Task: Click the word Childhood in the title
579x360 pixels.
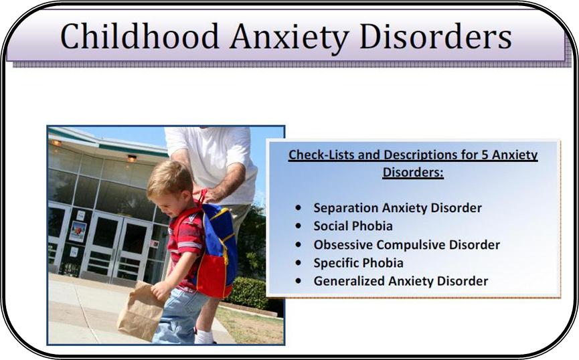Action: point(140,36)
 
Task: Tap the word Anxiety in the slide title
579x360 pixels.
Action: point(289,38)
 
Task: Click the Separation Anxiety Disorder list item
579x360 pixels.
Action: point(398,208)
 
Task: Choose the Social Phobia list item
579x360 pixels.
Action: point(353,226)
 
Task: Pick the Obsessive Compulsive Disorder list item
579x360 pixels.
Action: point(407,244)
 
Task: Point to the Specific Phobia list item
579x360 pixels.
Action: point(359,263)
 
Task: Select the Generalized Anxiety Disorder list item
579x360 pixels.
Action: point(401,281)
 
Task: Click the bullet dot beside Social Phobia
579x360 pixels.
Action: point(299,226)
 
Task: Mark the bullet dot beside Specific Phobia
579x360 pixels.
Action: point(299,262)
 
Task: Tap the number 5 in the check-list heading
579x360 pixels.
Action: point(485,155)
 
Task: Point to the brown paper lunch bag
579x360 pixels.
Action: point(141,311)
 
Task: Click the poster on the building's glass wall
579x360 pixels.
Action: point(78,232)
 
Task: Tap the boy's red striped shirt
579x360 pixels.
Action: point(185,244)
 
